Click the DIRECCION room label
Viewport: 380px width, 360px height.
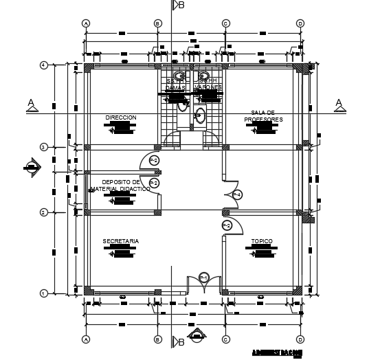(121, 117)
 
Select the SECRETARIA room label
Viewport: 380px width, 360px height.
(121, 241)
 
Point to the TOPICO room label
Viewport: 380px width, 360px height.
(261, 241)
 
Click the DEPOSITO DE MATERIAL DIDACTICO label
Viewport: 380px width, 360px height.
(121, 185)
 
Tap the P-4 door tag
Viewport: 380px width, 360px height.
(236, 195)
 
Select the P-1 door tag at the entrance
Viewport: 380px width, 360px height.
(204, 277)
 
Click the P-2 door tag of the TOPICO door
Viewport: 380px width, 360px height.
(227, 225)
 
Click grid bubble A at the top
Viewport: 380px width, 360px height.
(87, 23)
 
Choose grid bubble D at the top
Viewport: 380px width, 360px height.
(300, 23)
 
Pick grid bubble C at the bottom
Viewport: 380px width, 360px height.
(225, 339)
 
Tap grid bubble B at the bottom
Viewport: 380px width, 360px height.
(157, 339)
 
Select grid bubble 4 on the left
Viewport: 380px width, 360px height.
(43, 65)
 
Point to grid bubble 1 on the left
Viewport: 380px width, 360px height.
(43, 293)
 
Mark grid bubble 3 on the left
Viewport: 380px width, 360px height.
(43, 147)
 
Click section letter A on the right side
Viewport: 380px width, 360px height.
(338, 103)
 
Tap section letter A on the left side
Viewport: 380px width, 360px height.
(30, 103)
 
